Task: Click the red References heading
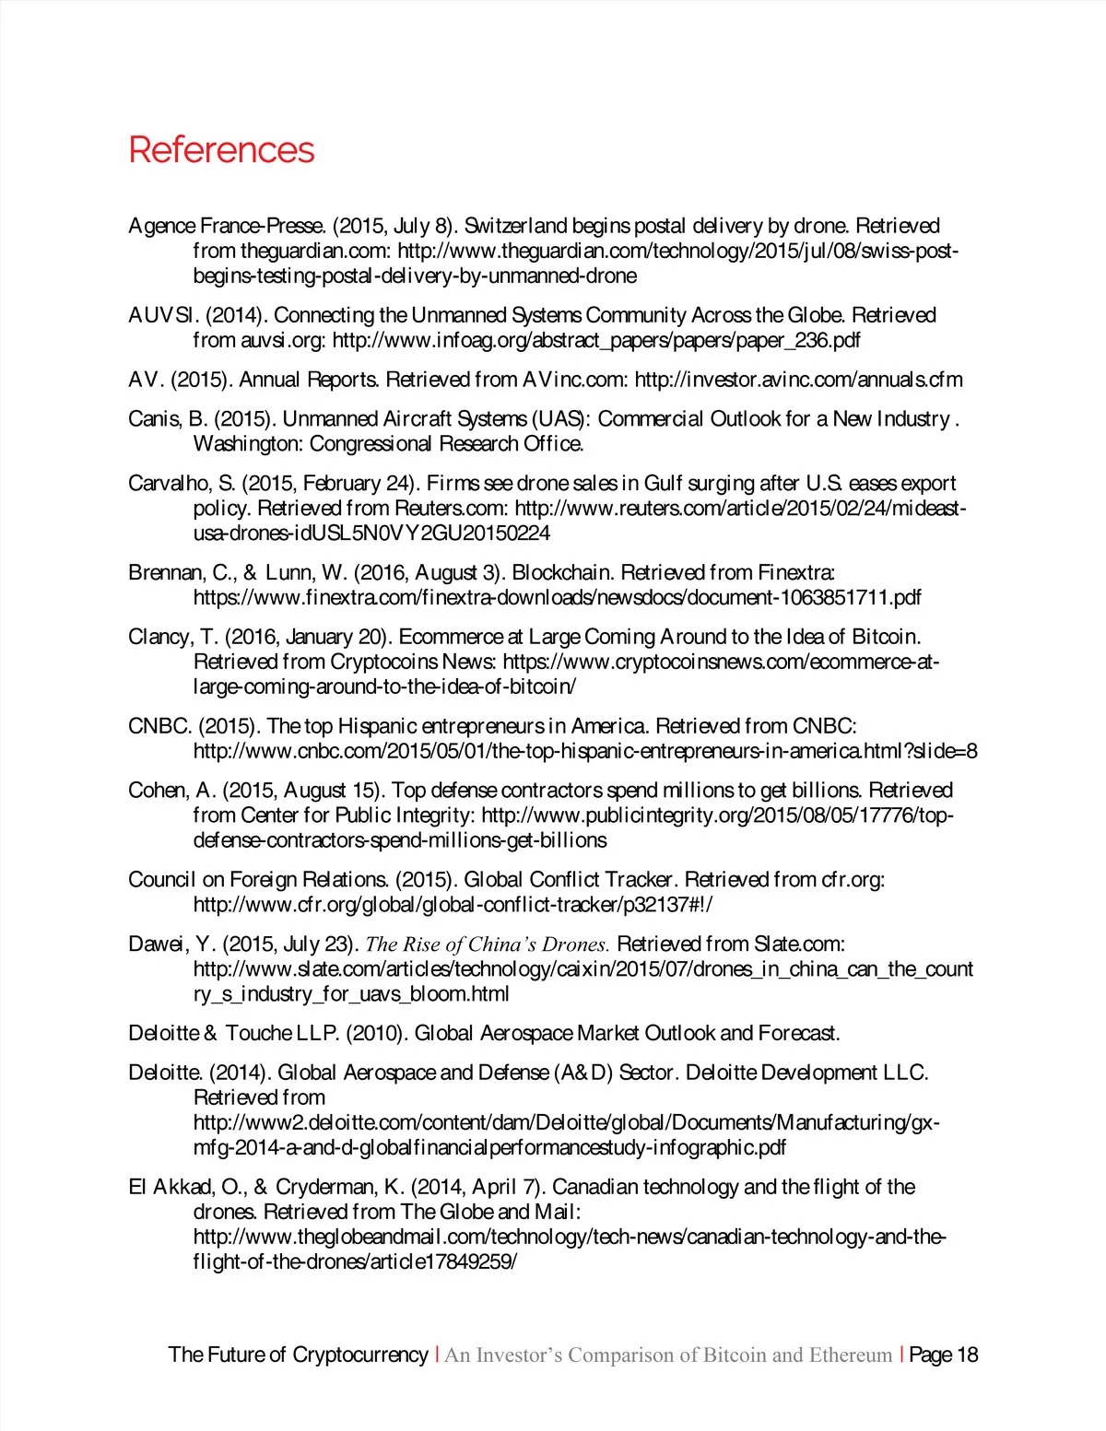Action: (221, 150)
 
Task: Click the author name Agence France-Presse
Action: (227, 226)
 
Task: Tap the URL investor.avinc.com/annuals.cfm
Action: (798, 380)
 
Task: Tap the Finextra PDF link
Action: (557, 598)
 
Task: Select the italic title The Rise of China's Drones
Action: (488, 944)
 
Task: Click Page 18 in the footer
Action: (943, 1355)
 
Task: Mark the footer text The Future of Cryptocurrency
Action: (298, 1355)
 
